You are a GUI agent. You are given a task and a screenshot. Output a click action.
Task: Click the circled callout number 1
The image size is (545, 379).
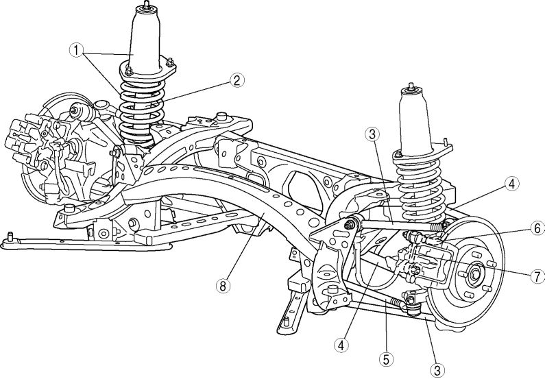(x=77, y=50)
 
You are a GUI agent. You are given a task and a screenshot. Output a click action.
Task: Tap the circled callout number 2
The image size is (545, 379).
(x=236, y=80)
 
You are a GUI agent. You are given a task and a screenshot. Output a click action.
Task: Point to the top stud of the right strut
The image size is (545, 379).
(x=411, y=88)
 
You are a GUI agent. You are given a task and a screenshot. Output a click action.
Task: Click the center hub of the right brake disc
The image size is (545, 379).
(x=474, y=275)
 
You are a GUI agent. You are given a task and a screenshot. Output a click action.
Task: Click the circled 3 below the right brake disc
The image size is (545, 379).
(x=435, y=369)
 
